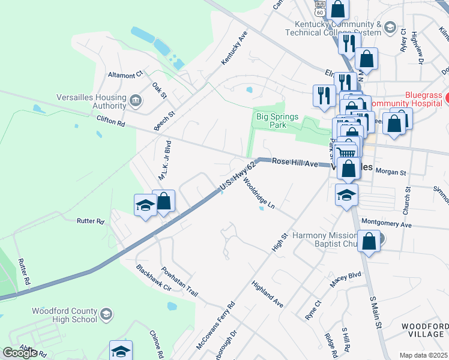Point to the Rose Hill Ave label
tap(294, 163)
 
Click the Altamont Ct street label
tap(125, 74)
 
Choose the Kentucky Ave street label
tap(234, 49)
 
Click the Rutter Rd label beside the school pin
tap(91, 221)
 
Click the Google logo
tap(20, 353)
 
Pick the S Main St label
tap(376, 311)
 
